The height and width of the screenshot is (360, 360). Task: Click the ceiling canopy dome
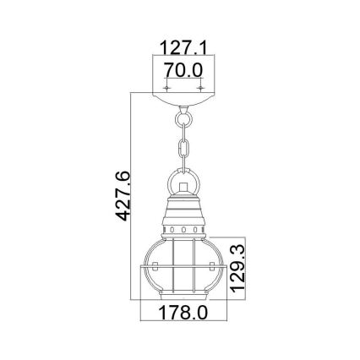pos(183,101)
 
